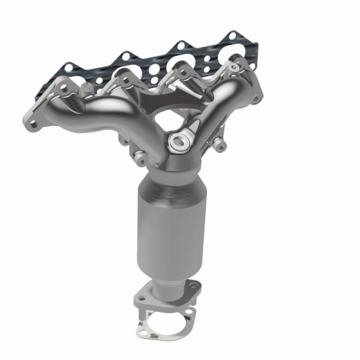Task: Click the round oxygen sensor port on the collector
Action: point(178,142)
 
